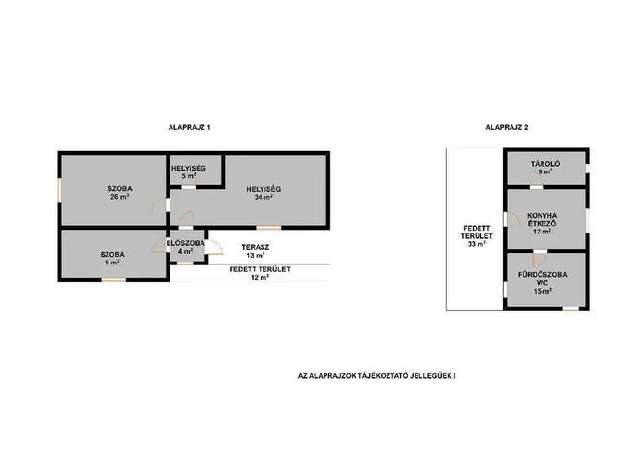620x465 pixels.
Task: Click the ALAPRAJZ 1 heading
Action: (190, 127)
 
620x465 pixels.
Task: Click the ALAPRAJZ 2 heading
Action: (507, 127)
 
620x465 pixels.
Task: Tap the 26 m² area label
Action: (120, 197)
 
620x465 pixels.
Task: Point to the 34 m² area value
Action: (263, 197)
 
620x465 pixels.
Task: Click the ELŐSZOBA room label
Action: (185, 243)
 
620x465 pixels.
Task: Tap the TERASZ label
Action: (256, 248)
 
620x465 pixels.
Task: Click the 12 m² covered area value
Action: (260, 278)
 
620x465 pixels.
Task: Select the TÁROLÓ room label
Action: (545, 164)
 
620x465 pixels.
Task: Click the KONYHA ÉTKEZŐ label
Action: (542, 220)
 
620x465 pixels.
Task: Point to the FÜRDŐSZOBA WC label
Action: (542, 278)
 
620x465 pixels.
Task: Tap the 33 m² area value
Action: (477, 244)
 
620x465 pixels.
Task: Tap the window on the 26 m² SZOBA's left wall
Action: (60, 191)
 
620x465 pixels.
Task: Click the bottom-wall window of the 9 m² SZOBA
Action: (113, 280)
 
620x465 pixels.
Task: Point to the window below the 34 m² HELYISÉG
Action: (268, 228)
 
